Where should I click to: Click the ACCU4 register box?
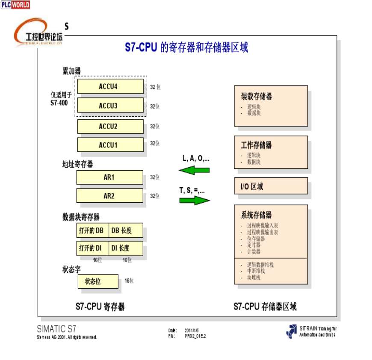tap(110, 86)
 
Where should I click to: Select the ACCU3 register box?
tap(110, 105)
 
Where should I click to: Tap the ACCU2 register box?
tap(110, 127)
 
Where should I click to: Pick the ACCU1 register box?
tap(110, 145)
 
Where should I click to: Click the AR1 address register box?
tap(110, 177)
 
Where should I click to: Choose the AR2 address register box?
tap(110, 196)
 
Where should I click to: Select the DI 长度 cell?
tap(126, 248)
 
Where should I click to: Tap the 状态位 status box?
tap(98, 281)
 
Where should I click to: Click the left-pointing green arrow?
tap(194, 170)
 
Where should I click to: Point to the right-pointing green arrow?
tap(195, 200)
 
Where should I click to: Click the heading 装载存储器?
tap(257, 97)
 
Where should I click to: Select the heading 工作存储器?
tap(257, 145)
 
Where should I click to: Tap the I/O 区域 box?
tap(271, 186)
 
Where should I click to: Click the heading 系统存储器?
tap(257, 215)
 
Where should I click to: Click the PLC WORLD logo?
tap(15, 5)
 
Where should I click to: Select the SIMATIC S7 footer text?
tap(56, 329)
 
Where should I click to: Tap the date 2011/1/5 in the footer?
tap(191, 330)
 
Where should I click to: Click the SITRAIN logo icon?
tap(291, 331)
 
